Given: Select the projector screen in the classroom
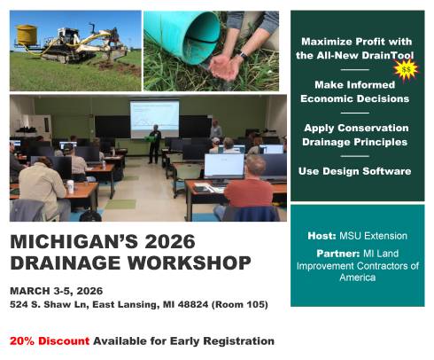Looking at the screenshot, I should click(x=154, y=118).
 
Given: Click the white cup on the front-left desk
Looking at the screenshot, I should click(x=70, y=186).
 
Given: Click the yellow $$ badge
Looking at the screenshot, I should click(x=407, y=68).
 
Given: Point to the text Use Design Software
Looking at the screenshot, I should click(x=354, y=170).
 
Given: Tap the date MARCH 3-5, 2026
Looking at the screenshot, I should click(x=54, y=290).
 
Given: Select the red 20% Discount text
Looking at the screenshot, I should click(x=50, y=340).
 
